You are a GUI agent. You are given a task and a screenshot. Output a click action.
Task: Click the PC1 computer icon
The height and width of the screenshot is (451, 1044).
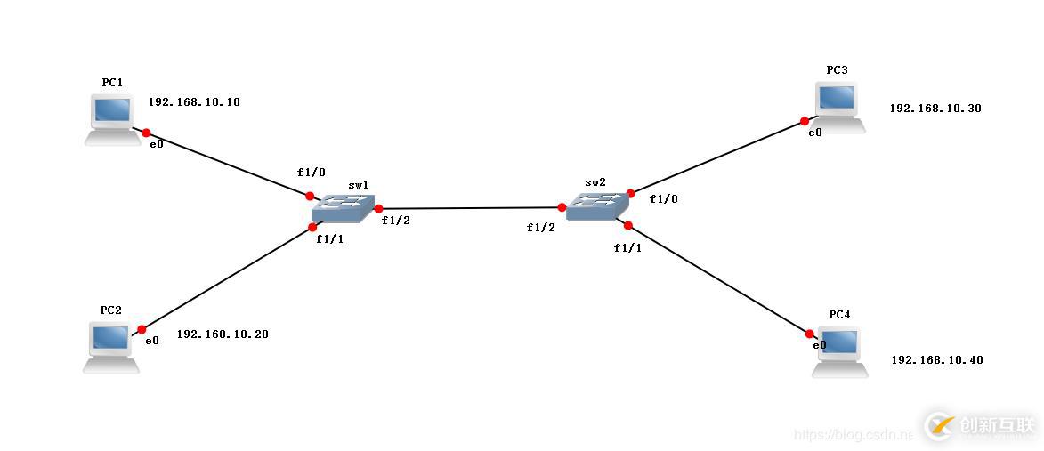[x=113, y=118]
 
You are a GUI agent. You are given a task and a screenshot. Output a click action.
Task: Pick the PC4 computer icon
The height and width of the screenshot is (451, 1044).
[x=840, y=351]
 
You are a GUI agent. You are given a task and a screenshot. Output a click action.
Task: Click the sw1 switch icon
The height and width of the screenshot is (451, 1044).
[x=344, y=209]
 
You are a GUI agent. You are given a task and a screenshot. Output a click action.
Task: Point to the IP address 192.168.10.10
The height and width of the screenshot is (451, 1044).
[x=194, y=102]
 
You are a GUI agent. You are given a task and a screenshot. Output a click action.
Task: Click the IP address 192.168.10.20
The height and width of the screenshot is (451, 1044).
[x=223, y=334]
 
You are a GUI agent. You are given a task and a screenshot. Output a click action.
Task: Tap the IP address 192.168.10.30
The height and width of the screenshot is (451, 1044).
[x=935, y=109]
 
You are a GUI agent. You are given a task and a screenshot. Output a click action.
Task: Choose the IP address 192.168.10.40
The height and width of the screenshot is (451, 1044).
[x=937, y=360]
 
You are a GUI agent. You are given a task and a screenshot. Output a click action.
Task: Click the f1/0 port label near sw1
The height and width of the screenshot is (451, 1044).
[x=312, y=172]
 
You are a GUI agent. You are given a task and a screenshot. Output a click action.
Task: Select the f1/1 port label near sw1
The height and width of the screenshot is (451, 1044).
[x=329, y=240]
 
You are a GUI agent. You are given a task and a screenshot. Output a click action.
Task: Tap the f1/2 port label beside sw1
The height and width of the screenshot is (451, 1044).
[x=396, y=221]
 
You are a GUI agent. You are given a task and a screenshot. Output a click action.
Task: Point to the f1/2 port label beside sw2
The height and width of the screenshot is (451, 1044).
[x=540, y=228]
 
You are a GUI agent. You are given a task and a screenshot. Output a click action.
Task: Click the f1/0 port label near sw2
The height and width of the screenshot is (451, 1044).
[x=663, y=199]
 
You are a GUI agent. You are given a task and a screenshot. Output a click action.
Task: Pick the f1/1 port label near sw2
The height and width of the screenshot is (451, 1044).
[x=627, y=248]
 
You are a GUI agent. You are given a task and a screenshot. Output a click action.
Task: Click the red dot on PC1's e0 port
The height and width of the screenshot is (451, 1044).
[x=147, y=133]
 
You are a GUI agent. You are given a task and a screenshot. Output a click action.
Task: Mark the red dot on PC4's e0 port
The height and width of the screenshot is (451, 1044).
[x=810, y=334]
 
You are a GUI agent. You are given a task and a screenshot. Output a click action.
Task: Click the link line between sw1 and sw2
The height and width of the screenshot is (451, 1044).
[x=470, y=208]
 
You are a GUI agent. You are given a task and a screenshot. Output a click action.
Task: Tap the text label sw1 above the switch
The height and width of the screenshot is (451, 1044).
[x=359, y=185]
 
